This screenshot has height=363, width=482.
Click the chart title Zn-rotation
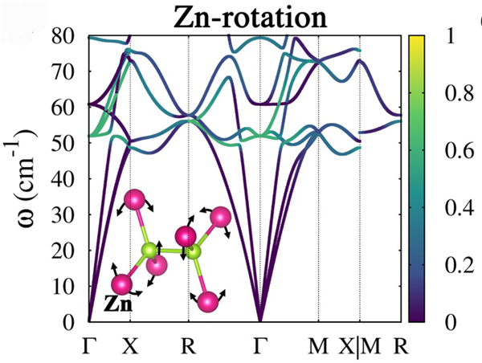pos(245,15)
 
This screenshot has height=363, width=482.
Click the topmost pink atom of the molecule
pos(135,198)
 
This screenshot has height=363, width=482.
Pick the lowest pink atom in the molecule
pos(209,302)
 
